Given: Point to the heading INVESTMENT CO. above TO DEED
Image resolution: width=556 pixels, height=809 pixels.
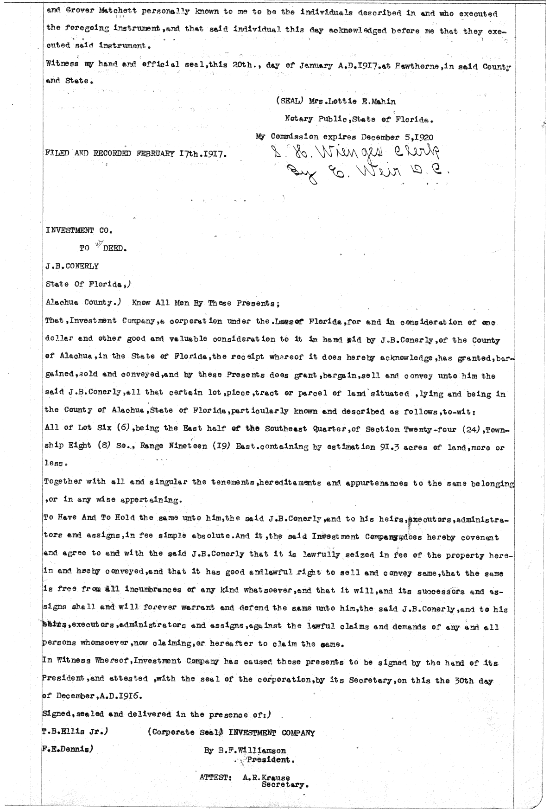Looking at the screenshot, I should (x=79, y=230).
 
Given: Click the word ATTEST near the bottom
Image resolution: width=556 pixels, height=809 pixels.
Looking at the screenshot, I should (x=215, y=777).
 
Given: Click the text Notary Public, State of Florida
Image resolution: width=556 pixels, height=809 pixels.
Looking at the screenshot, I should (x=359, y=119).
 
